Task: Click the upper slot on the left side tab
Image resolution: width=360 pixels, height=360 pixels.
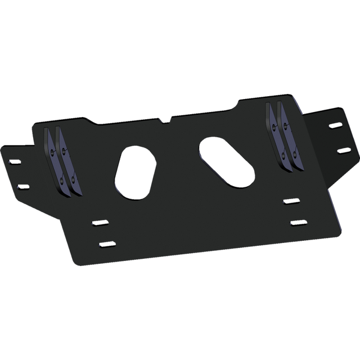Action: (14, 161)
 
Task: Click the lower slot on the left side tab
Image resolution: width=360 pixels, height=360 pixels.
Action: (22, 184)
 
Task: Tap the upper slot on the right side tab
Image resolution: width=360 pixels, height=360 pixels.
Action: (335, 125)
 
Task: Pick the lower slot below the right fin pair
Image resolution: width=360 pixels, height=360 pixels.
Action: (297, 223)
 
